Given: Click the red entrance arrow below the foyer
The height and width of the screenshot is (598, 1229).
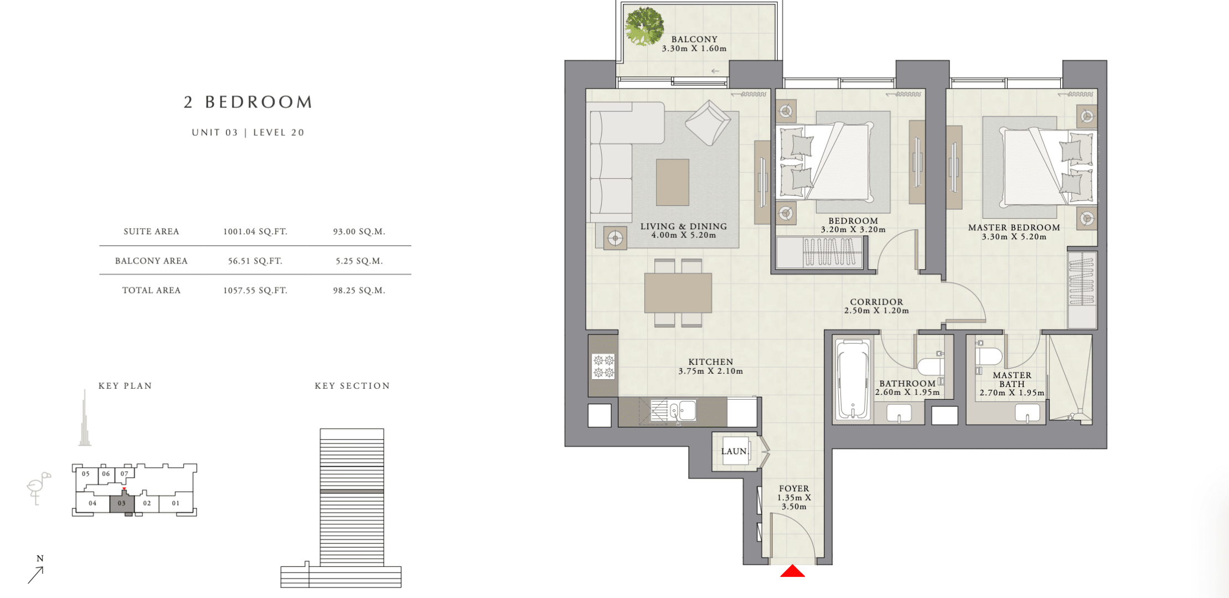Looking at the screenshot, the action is coord(792,571).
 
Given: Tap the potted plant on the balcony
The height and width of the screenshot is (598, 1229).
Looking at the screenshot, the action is coord(644,26).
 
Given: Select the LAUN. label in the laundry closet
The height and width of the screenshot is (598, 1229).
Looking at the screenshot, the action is coord(735,451).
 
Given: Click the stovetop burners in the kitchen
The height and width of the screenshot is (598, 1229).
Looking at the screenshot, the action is coord(603,366).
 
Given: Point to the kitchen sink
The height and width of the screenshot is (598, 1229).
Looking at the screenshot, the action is coord(682,410).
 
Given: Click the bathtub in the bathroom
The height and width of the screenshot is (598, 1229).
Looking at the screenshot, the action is coord(853,380).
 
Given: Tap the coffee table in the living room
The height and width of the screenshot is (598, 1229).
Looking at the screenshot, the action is coord(673,182).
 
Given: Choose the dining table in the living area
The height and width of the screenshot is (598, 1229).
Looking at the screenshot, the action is coord(678,293).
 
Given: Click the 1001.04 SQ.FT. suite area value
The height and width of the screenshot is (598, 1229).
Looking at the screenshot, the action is coord(255,231).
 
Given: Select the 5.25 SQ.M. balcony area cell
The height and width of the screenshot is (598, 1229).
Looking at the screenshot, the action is coord(359,261).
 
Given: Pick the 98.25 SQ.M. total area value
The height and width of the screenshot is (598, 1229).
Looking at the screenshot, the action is coord(359,290).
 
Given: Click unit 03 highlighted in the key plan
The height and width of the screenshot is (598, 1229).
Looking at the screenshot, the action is coord(122,504).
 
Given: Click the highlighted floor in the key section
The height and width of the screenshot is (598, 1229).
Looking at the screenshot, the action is coord(352,491).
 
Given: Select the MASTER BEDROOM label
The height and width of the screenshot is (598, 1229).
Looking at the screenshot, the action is coord(1014,228).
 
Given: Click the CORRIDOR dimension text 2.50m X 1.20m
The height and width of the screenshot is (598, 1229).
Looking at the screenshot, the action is coord(876,311).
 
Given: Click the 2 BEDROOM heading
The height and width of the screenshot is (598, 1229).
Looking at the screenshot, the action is coord(249,102).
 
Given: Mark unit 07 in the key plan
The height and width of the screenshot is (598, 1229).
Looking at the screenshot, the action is coord(125,474).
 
